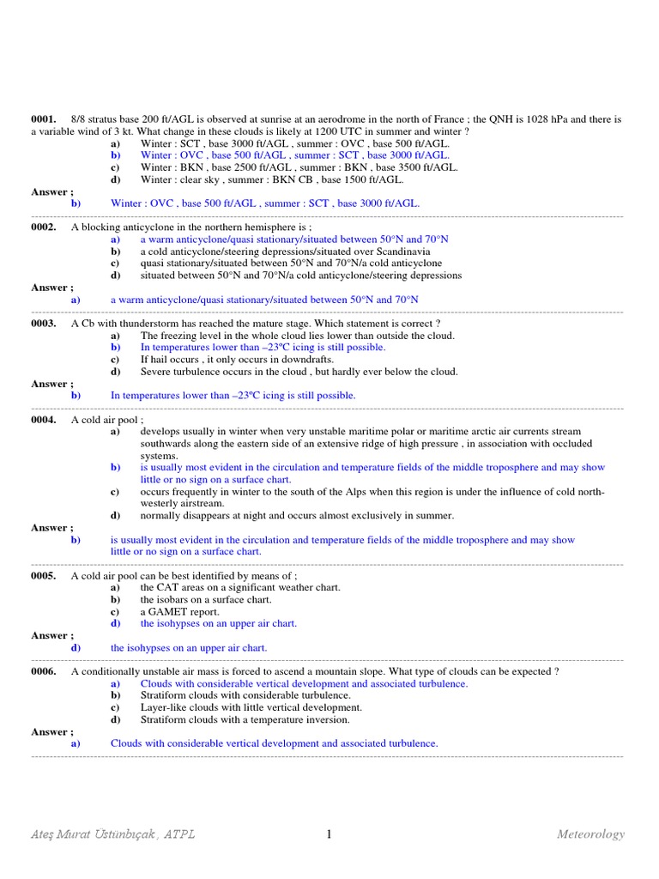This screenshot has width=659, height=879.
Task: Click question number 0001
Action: coord(44,119)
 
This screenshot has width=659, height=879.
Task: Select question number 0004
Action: coord(44,420)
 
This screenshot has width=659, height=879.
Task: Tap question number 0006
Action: coord(44,671)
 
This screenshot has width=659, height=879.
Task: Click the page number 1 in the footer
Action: coord(329,834)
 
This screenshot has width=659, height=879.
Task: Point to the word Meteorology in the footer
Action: coord(590,834)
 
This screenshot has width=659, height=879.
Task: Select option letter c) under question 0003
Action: coord(114,360)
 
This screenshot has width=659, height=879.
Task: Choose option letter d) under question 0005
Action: coord(114,624)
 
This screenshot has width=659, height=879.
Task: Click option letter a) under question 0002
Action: coord(114,239)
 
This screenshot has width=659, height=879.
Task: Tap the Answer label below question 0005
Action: coord(52,636)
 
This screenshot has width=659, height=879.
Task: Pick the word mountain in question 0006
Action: coord(414,671)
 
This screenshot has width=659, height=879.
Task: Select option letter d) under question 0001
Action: coord(114,180)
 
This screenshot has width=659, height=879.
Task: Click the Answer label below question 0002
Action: coord(52,288)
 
